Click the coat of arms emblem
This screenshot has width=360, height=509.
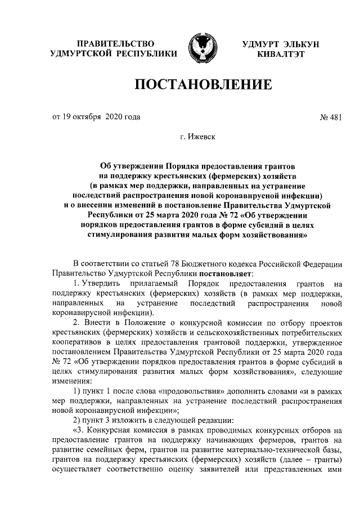click(201, 48)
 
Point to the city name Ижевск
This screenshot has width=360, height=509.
click(201, 136)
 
